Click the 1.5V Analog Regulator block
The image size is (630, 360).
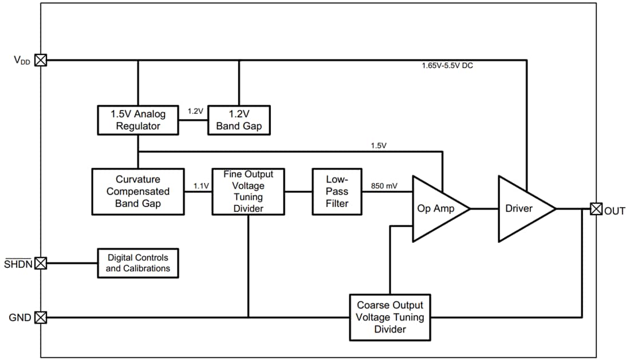(x=137, y=120)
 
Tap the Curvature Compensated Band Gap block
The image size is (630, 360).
(x=138, y=192)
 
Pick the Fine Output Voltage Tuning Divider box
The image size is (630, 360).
(x=248, y=192)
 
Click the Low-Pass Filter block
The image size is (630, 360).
(x=337, y=192)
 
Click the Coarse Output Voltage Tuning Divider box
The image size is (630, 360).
(x=390, y=317)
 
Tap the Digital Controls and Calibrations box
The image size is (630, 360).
(x=138, y=263)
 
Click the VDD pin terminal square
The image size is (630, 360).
(x=41, y=60)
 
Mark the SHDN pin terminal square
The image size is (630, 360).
(x=41, y=263)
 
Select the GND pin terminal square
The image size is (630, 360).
(x=41, y=317)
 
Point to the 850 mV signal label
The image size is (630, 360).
(x=384, y=186)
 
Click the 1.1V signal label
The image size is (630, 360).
(x=200, y=186)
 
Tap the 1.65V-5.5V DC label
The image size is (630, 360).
(x=447, y=66)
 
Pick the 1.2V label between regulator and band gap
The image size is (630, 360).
(x=195, y=112)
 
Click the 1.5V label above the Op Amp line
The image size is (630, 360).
(x=379, y=145)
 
